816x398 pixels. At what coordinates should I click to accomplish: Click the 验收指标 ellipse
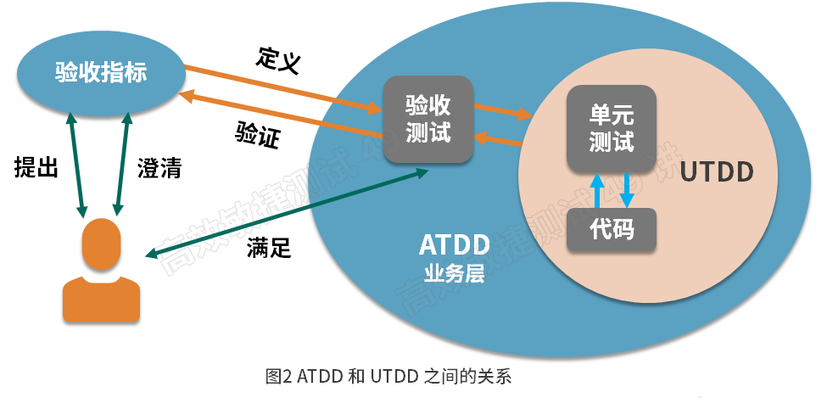click(101, 73)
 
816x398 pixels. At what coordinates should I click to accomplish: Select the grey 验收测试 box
click(428, 119)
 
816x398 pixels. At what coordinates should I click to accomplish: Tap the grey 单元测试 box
click(611, 128)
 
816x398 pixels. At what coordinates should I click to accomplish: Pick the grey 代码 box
click(611, 229)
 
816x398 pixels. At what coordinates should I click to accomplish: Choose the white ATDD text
click(455, 245)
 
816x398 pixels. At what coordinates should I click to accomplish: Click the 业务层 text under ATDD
click(455, 274)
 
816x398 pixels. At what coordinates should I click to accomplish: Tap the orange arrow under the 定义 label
click(280, 87)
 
